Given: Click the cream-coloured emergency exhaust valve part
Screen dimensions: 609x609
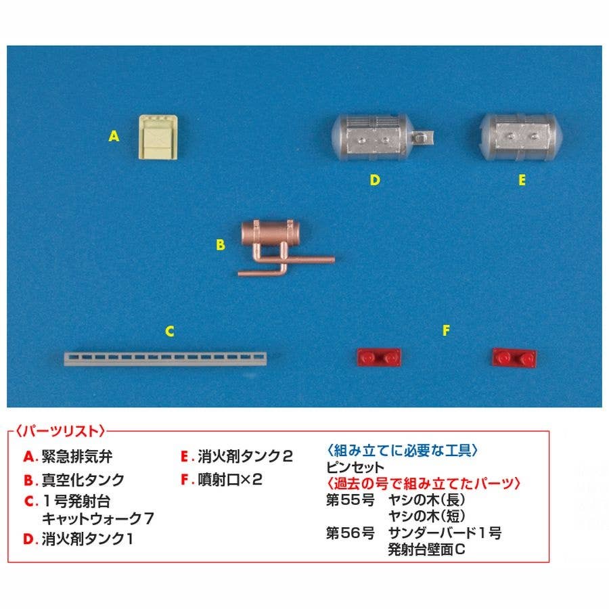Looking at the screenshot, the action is click(x=158, y=137).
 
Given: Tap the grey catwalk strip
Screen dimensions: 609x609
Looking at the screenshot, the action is click(x=166, y=359).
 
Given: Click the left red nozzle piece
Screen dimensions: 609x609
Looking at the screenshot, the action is click(x=379, y=357).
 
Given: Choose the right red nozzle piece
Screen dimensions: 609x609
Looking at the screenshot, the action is click(x=514, y=357).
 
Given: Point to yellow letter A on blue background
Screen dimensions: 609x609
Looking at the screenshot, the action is click(x=114, y=136).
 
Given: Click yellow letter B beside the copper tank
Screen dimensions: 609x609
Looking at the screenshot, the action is click(x=220, y=245).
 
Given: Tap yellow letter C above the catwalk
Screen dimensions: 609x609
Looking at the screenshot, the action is click(x=169, y=332).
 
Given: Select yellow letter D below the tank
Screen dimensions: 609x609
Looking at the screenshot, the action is click(x=374, y=180).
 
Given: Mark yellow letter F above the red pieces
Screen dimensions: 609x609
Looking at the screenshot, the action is click(x=447, y=330).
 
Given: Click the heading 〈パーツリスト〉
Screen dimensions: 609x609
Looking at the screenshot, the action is click(x=60, y=431).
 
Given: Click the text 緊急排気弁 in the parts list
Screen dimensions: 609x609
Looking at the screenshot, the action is click(x=77, y=456).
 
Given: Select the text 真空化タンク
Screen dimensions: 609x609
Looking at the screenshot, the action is click(x=83, y=480).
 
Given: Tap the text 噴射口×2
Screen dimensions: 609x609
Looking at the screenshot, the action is click(x=230, y=480).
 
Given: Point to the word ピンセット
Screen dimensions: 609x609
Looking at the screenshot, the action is click(x=355, y=467).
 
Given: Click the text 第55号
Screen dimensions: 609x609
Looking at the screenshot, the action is click(x=351, y=500).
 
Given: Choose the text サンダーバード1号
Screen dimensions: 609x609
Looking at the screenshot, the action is click(x=445, y=533).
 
